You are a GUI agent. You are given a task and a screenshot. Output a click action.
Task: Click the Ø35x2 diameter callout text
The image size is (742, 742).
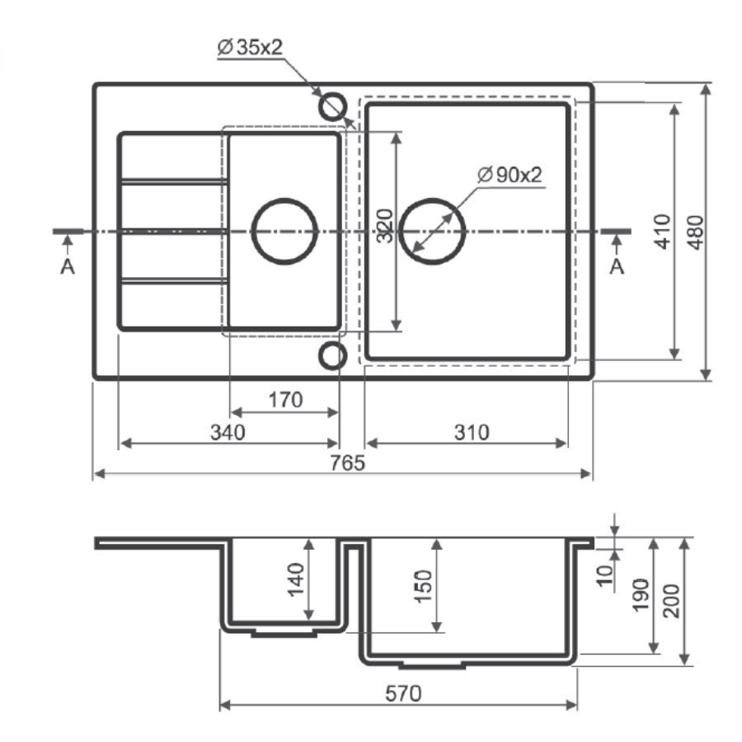click(x=249, y=47)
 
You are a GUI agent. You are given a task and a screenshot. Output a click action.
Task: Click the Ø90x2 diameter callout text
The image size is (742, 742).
click(x=510, y=175)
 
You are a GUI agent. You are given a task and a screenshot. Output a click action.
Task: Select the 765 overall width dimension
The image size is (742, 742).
click(x=347, y=463)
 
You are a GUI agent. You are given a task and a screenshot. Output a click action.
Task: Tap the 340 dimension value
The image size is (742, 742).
click(x=228, y=433)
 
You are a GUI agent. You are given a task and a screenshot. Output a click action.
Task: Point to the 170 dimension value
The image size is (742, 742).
click(x=285, y=400)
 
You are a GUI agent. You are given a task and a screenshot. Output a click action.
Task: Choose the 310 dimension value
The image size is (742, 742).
click(x=472, y=433)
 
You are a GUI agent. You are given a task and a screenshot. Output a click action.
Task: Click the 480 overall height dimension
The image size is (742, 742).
click(x=696, y=232)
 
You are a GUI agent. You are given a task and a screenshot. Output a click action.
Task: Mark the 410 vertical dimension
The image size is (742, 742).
click(x=663, y=232)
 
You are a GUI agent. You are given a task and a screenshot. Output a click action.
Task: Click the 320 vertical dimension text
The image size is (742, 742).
click(x=385, y=226)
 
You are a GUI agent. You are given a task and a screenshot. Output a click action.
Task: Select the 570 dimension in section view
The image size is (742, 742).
click(x=403, y=693)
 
